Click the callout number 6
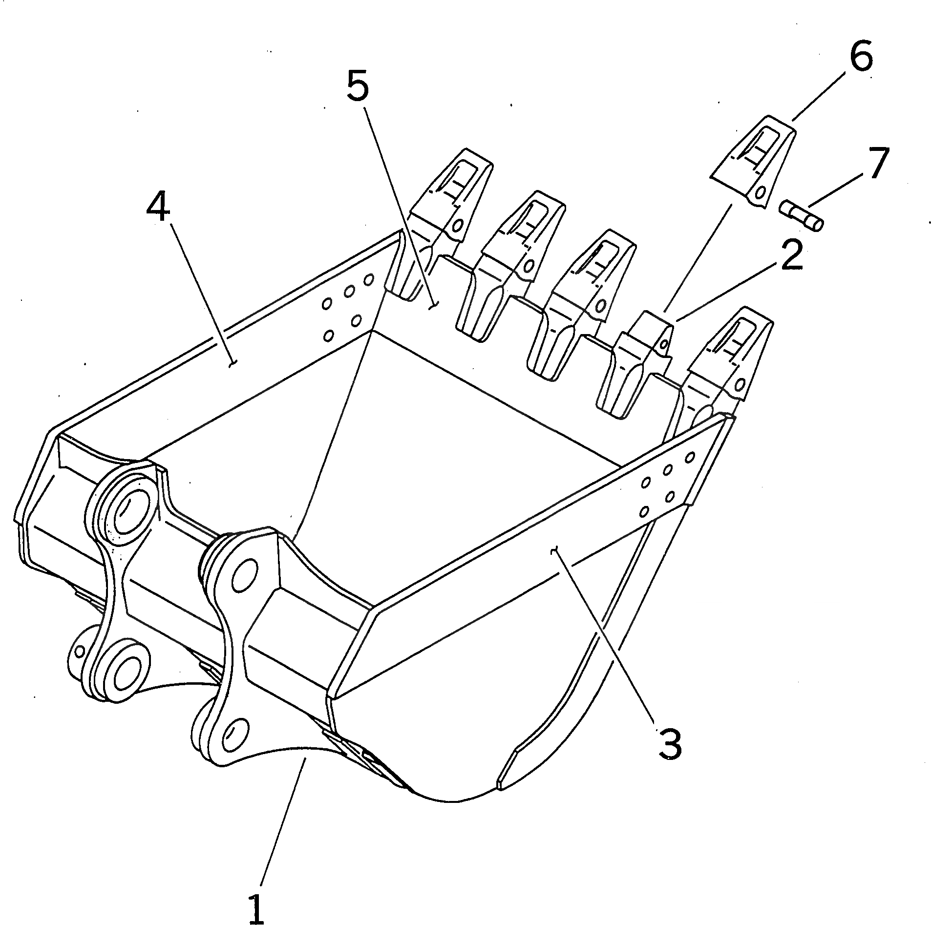pos(861,57)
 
